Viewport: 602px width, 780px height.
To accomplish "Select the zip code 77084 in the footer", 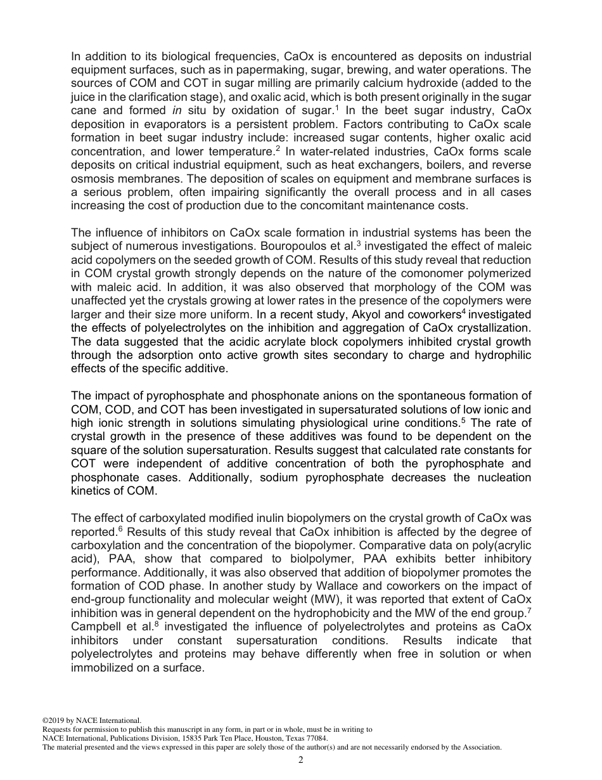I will (x=317, y=738).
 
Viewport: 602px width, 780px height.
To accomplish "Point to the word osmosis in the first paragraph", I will (x=90, y=178).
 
